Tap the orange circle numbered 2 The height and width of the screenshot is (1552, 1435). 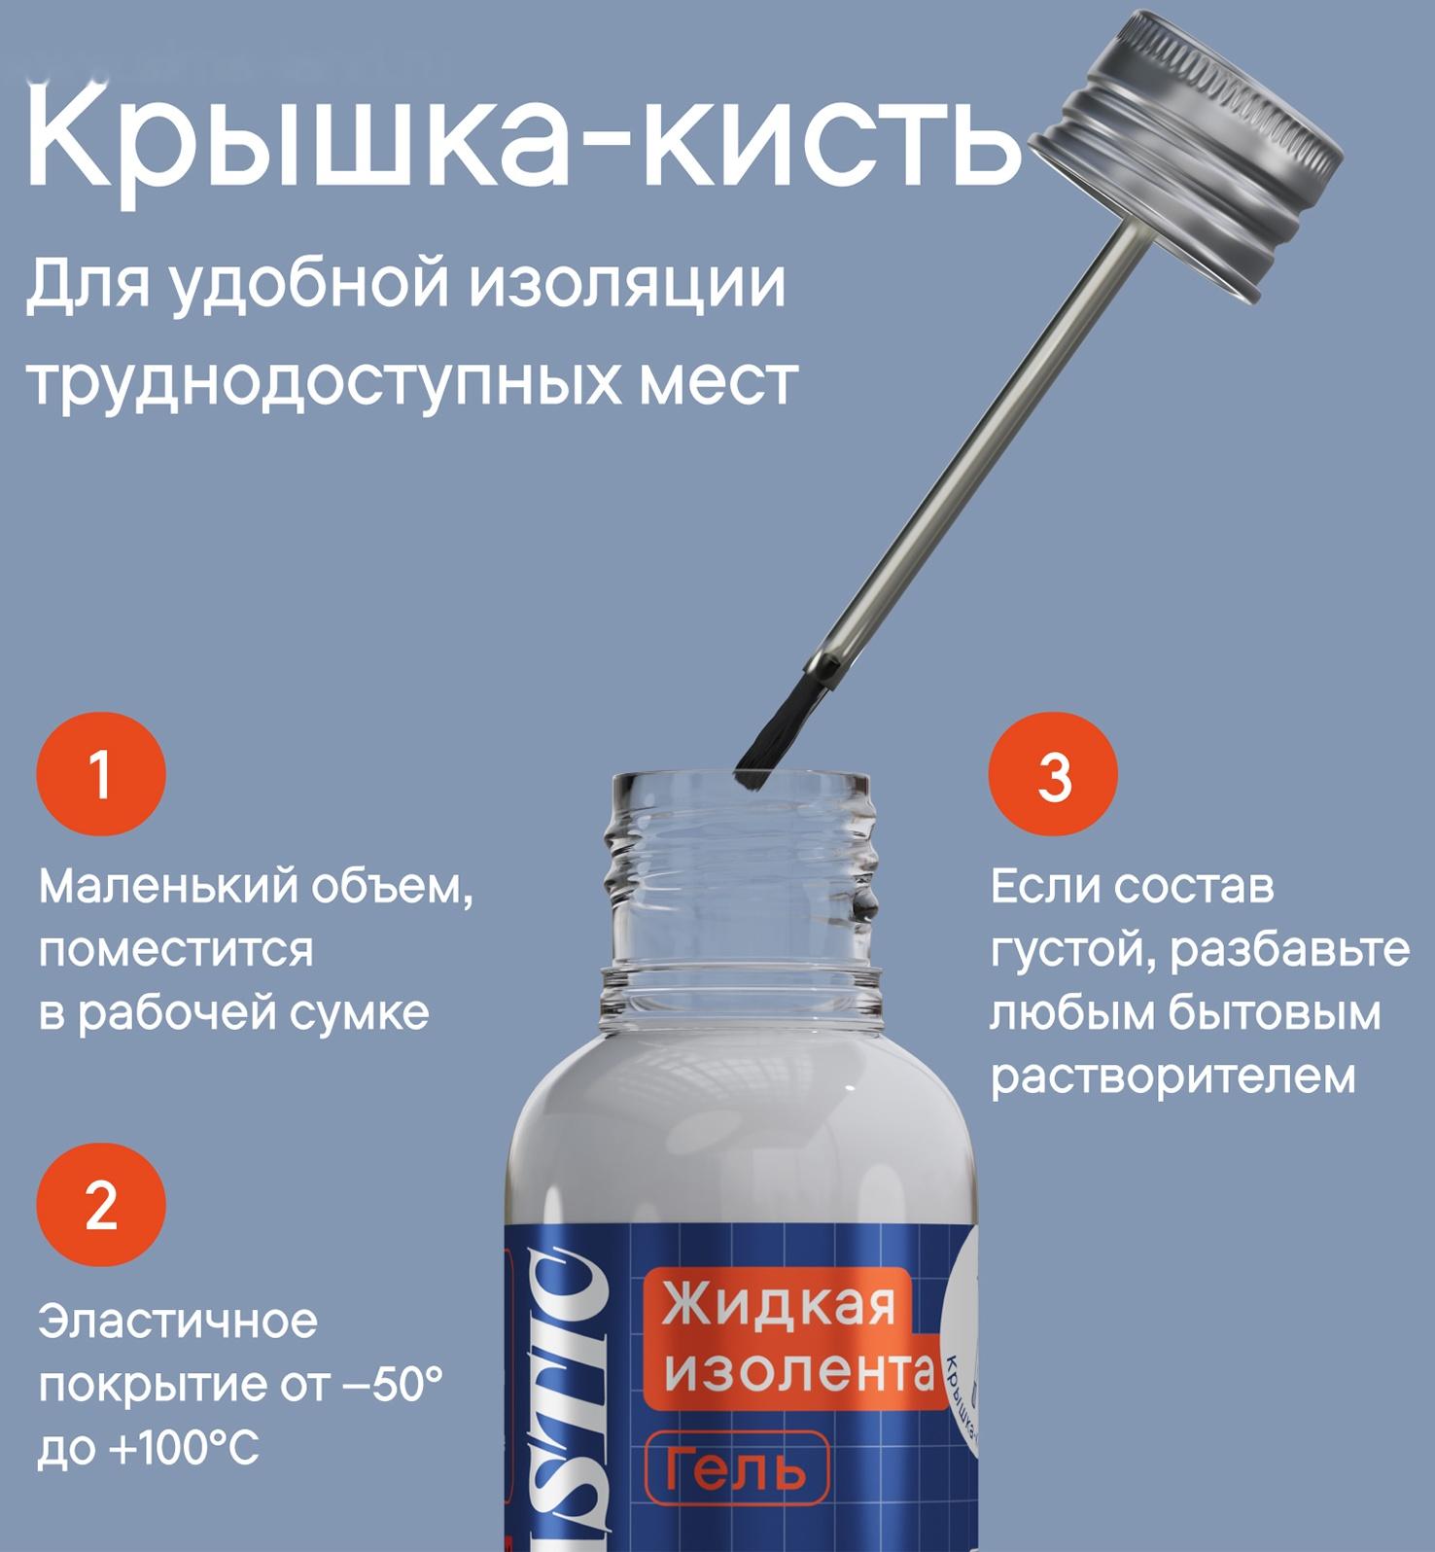point(101,1205)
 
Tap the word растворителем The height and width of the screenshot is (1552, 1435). point(1172,1076)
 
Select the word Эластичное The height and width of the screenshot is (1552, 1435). point(178,1322)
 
